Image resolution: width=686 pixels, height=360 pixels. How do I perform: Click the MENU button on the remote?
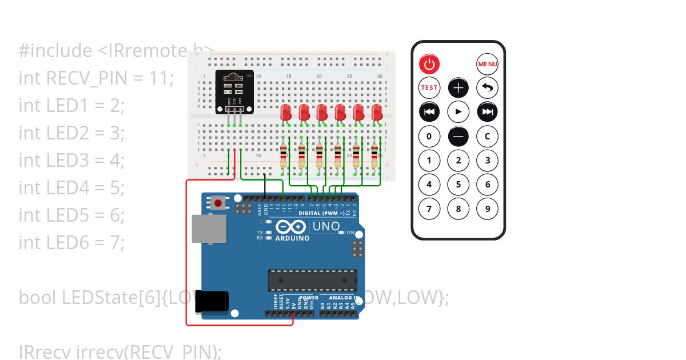pyautogui.click(x=488, y=63)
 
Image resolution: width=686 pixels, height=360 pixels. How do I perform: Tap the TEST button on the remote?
pyautogui.click(x=429, y=87)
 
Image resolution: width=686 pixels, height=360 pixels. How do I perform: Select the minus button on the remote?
pyautogui.click(x=458, y=136)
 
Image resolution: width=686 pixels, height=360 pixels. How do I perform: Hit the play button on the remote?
pyautogui.click(x=458, y=111)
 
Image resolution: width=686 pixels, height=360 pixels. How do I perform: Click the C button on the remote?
pyautogui.click(x=488, y=136)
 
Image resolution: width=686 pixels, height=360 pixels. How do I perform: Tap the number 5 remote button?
pyautogui.click(x=458, y=185)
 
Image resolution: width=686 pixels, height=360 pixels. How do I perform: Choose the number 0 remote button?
pyautogui.click(x=429, y=136)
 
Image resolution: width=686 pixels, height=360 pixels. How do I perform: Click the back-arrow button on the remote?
pyautogui.click(x=488, y=87)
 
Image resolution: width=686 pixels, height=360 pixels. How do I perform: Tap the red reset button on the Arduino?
pyautogui.click(x=217, y=202)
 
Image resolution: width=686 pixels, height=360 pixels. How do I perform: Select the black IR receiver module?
pyautogui.click(x=233, y=91)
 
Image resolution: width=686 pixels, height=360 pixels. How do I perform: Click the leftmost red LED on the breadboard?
pyautogui.click(x=286, y=112)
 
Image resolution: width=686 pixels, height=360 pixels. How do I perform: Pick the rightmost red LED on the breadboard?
pyautogui.click(x=377, y=112)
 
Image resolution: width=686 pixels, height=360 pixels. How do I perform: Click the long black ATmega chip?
pyautogui.click(x=313, y=280)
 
